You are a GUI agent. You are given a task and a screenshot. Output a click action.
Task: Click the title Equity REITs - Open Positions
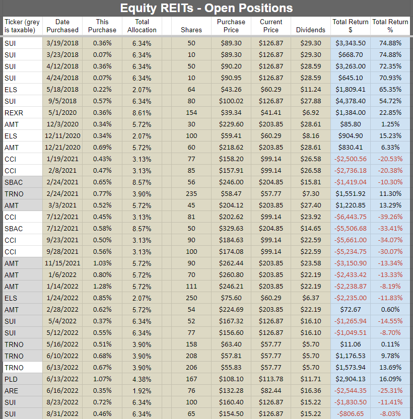pyautogui.click(x=206, y=8)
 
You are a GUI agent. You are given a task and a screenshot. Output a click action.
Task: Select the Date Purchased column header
pyautogui.click(x=62, y=26)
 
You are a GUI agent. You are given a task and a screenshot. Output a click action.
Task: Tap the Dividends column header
pyautogui.click(x=311, y=30)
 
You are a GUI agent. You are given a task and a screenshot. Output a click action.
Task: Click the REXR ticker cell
pyautogui.click(x=14, y=113)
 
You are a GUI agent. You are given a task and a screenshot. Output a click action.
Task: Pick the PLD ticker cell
pyautogui.click(x=11, y=379)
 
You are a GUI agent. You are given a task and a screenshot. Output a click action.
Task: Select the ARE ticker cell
pyautogui.click(x=11, y=391)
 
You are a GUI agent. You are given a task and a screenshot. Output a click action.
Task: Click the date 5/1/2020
pyautogui.click(x=62, y=113)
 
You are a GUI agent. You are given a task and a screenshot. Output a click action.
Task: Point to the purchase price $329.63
pyautogui.click(x=231, y=229)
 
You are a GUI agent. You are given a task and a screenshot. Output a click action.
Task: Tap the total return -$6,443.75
pyautogui.click(x=351, y=217)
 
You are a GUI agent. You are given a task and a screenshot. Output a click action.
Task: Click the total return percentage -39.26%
pyautogui.click(x=390, y=217)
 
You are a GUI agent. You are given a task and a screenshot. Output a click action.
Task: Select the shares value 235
pyautogui.click(x=191, y=194)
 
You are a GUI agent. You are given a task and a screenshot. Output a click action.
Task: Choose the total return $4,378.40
pyautogui.click(x=351, y=101)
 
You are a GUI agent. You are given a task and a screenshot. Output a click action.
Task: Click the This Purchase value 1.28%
pyautogui.click(x=102, y=287)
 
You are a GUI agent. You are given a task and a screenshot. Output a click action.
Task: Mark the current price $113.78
pyautogui.click(x=271, y=379)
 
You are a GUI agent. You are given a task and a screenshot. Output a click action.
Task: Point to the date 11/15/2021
pyautogui.click(x=62, y=263)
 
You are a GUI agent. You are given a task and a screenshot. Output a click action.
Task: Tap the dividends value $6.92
pyautogui.click(x=311, y=113)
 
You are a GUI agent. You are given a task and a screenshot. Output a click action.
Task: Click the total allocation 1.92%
pyautogui.click(x=142, y=391)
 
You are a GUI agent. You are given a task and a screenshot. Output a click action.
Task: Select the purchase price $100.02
pyautogui.click(x=231, y=101)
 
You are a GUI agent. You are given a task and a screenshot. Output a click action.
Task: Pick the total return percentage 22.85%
pyautogui.click(x=390, y=113)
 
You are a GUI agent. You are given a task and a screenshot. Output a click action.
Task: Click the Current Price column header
pyautogui.click(x=271, y=26)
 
